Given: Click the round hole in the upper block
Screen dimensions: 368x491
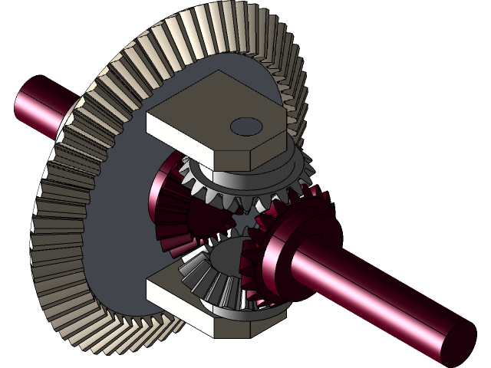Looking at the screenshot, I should [246, 125].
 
